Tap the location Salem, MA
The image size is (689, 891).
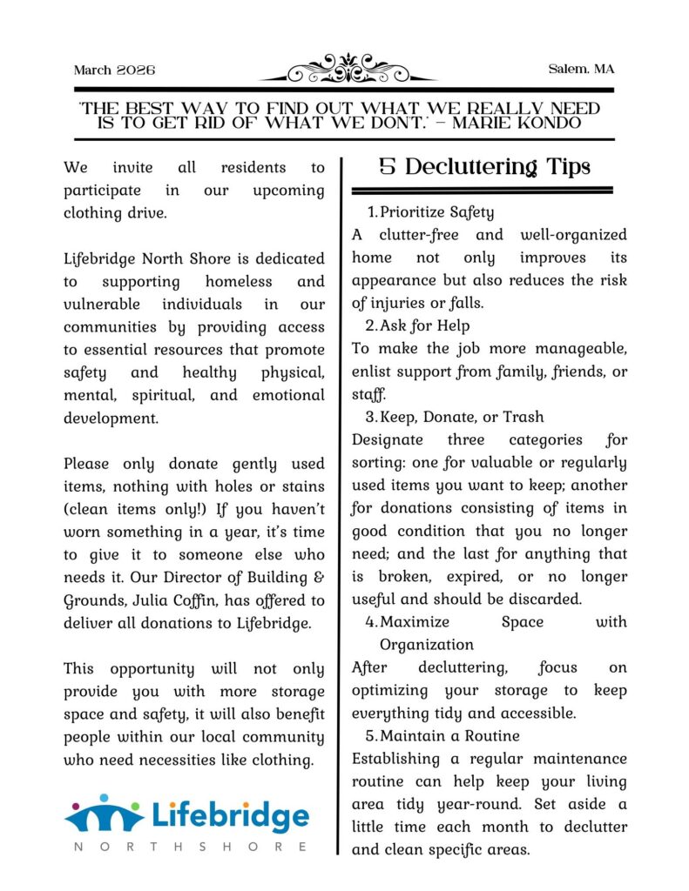point(582,70)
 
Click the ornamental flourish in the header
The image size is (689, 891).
point(348,68)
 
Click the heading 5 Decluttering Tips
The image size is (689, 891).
point(484,166)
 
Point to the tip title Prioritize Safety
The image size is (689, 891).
point(436,211)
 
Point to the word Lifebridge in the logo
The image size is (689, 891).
point(231,816)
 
